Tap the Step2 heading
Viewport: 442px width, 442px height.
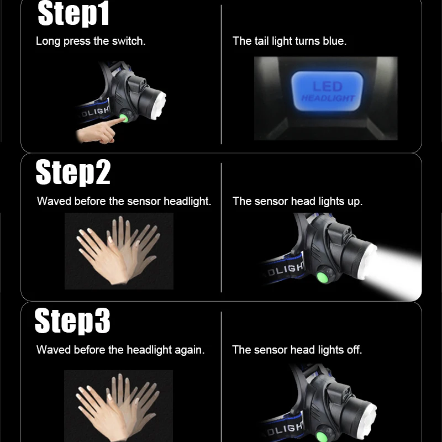coord(73,172)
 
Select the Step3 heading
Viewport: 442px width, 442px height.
coord(72,321)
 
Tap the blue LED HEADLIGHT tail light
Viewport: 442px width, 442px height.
coord(327,91)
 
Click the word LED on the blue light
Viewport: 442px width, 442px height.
coord(328,86)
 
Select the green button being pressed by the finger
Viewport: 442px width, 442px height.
coord(124,118)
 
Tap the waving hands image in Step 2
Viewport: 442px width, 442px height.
coord(119,251)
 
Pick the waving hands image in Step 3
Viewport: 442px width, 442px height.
coord(118,406)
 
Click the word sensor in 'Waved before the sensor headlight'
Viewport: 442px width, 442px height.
coord(144,202)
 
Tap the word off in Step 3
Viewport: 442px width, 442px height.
coord(354,350)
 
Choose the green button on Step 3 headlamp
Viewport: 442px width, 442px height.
coord(322,436)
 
